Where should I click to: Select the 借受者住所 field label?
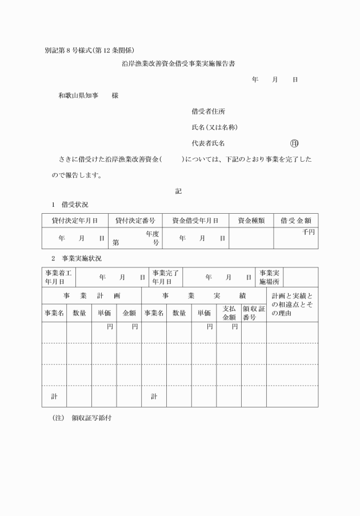pos(204,111)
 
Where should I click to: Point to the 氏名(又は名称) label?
pos(215,127)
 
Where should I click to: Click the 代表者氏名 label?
pos(212,143)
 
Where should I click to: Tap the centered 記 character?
pos(178,191)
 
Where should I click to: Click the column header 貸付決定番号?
pos(135,220)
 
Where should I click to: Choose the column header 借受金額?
pos(295,220)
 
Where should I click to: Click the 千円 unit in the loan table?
pos(309,231)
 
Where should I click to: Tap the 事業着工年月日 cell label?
pos(58,277)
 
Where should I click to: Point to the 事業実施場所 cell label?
pos(270,277)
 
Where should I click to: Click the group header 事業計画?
pos(91,297)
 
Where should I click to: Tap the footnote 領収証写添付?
pos(91,418)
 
